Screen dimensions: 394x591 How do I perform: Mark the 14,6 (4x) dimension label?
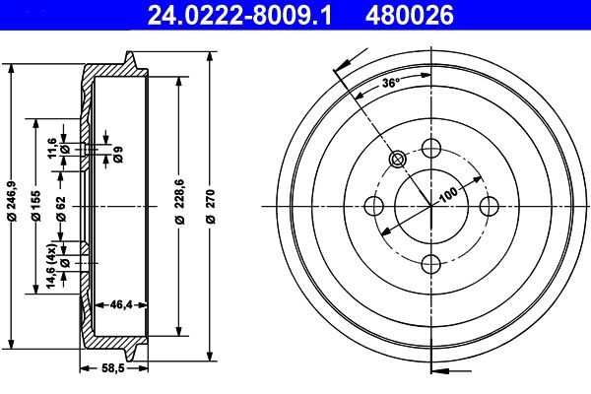point(52,268)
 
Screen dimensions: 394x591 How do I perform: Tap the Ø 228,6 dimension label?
point(179,206)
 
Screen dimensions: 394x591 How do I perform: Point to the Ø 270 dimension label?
point(211,206)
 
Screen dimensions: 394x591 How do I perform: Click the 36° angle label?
point(390,84)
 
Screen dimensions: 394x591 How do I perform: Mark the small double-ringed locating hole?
point(398,160)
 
